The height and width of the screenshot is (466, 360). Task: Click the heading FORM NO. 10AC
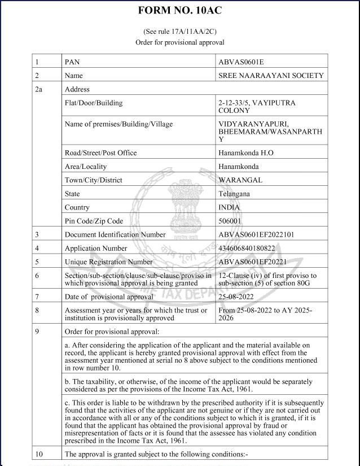pyautogui.click(x=180, y=10)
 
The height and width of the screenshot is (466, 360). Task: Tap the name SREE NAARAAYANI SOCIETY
pyautogui.click(x=271, y=75)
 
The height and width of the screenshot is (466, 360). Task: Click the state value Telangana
pyautogui.click(x=234, y=194)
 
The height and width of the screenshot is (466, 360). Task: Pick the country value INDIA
pyautogui.click(x=229, y=207)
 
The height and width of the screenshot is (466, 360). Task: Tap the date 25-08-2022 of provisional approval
pyautogui.click(x=236, y=297)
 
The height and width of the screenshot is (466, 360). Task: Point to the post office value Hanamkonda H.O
pyautogui.click(x=246, y=153)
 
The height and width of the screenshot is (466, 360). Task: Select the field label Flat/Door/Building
pyautogui.click(x=94, y=103)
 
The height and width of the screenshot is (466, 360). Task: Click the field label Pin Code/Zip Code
pyautogui.click(x=94, y=221)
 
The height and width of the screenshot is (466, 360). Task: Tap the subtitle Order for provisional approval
pyautogui.click(x=180, y=42)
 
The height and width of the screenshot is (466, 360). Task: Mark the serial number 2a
pyautogui.click(x=39, y=89)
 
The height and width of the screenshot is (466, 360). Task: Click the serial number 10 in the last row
pyautogui.click(x=39, y=454)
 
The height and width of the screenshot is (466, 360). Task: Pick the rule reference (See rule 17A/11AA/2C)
pyautogui.click(x=180, y=32)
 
